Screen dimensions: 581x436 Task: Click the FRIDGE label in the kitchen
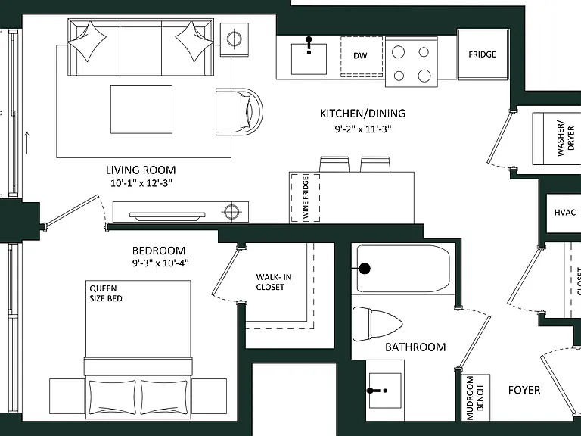coord(482,54)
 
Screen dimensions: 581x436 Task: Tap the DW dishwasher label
coord(360,55)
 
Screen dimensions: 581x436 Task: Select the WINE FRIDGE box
coord(306,198)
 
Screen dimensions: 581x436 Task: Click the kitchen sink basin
coord(309,59)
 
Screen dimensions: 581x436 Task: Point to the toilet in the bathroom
coord(377,324)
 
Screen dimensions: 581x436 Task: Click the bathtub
coord(403,269)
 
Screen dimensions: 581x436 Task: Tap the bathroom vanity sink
coord(385,391)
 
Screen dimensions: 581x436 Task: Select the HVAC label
coord(565,213)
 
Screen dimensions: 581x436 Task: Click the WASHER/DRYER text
coord(565,138)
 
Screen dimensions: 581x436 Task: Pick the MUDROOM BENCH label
coord(475,398)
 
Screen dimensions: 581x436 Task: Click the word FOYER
coord(524,390)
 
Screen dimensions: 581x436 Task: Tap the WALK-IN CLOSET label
coord(273,282)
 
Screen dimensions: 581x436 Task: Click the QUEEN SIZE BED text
coord(106,293)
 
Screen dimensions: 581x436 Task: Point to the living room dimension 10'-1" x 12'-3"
coord(141,183)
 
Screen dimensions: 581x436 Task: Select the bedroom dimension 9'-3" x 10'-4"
coord(161,263)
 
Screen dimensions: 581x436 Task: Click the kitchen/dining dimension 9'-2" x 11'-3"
coord(363,129)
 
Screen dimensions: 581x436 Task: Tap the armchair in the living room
coord(239,111)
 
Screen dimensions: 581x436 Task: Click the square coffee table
coord(141,109)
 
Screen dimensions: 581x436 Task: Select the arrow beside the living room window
coord(27,142)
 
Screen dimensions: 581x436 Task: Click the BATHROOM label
coord(415,347)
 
